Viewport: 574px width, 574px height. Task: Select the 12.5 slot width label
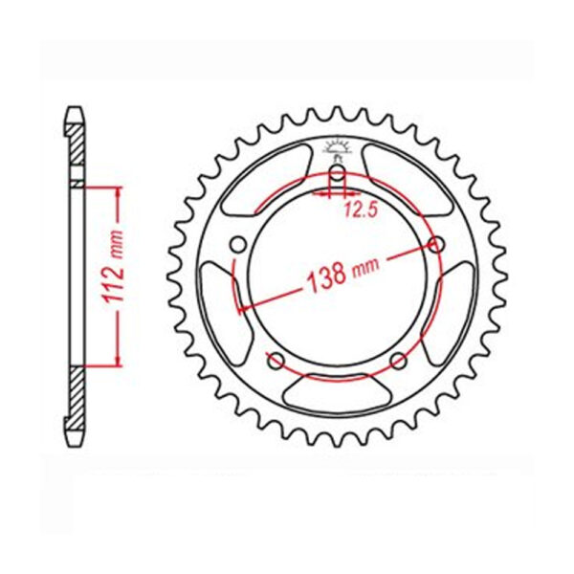pyautogui.click(x=361, y=210)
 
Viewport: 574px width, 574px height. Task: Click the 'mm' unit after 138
pyautogui.click(x=365, y=267)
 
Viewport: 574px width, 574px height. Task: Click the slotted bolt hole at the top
pyautogui.click(x=337, y=177)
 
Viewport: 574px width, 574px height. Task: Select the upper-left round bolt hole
pyautogui.click(x=238, y=244)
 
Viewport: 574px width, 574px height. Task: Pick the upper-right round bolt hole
pyautogui.click(x=436, y=244)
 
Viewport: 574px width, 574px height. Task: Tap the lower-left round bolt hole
pyautogui.click(x=276, y=361)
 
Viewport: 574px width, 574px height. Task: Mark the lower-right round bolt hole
pyautogui.click(x=398, y=362)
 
